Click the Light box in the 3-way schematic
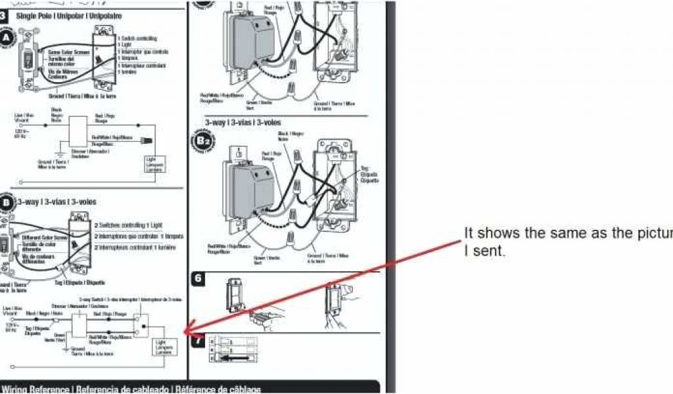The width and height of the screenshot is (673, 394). [161, 346]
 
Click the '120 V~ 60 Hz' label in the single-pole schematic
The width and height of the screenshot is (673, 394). [20, 134]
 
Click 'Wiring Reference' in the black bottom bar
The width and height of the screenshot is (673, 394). [37, 389]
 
